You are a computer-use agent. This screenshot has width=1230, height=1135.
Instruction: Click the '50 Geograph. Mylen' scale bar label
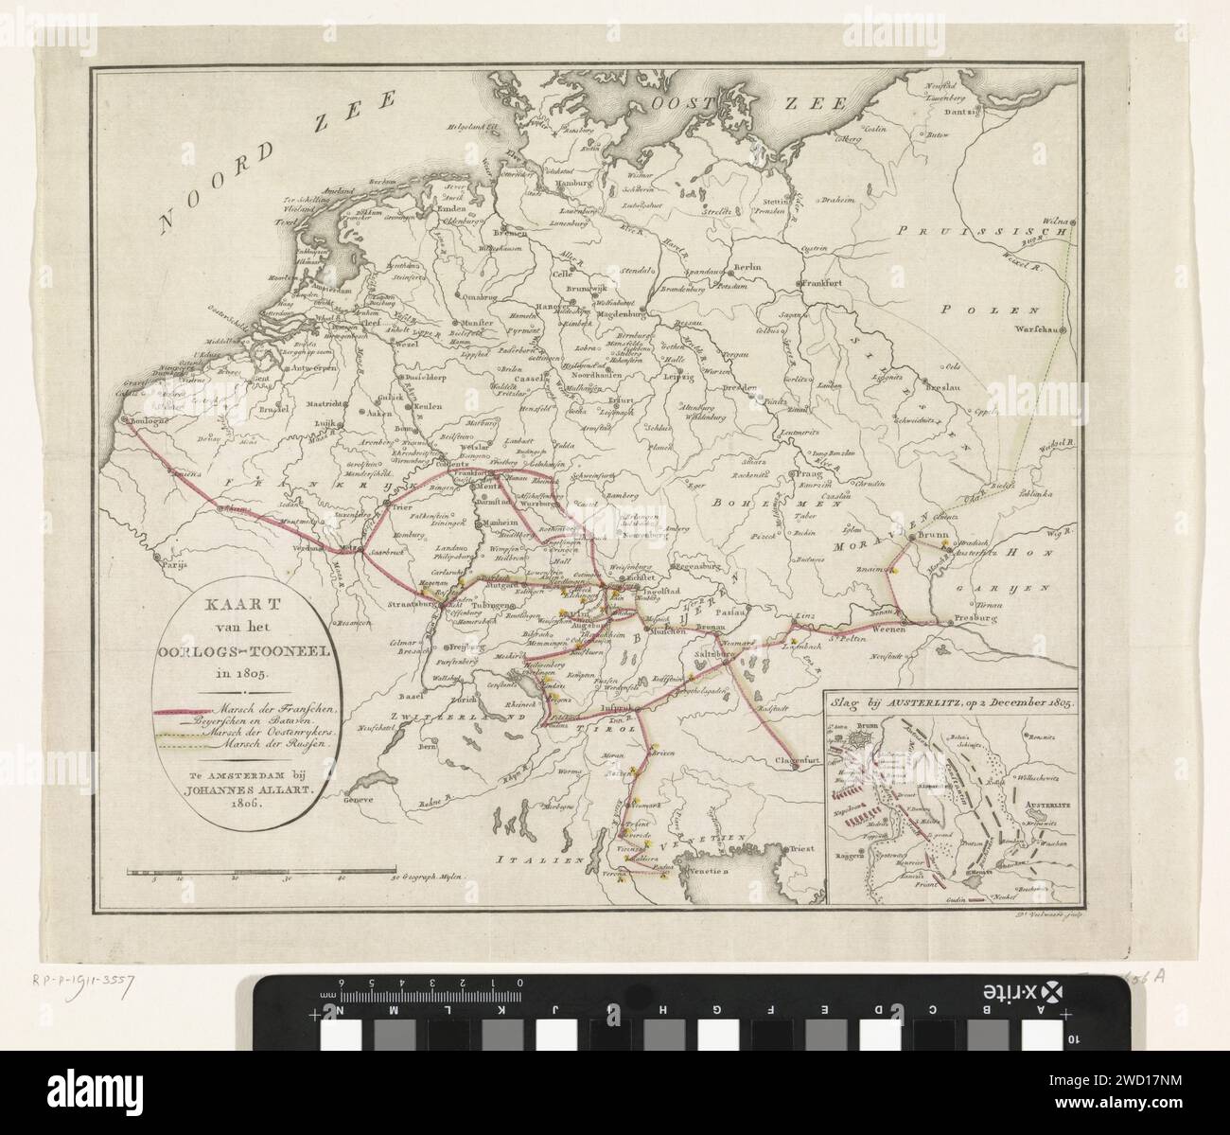[430, 878]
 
